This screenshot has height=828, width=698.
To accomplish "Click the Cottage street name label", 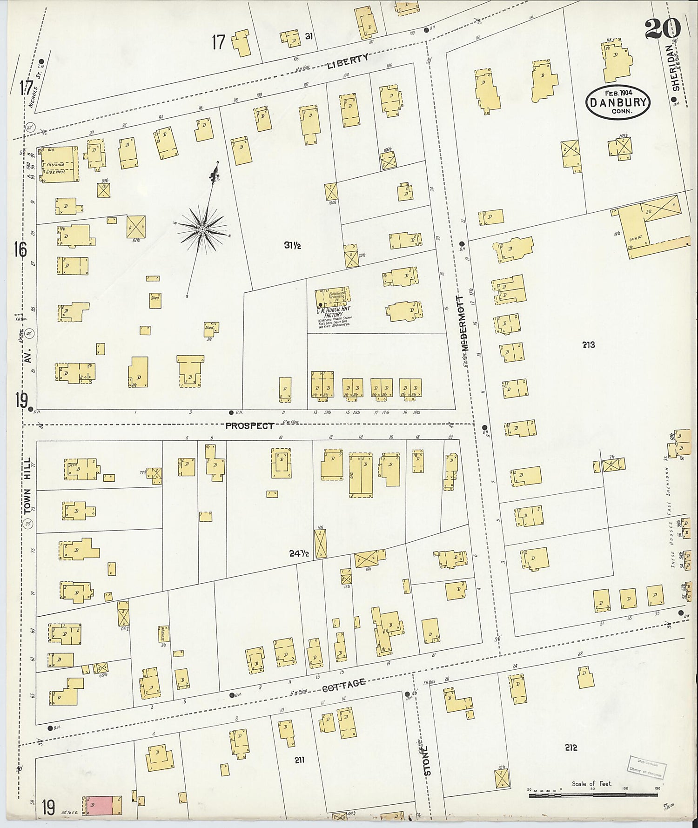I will point(344,683).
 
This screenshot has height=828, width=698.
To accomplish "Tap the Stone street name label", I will point(428,761).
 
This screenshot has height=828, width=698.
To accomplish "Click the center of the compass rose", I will point(202,229).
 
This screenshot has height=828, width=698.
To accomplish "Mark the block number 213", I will point(588,345).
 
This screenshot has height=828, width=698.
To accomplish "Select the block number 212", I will point(571,747).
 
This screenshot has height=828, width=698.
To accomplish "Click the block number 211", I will point(299,760).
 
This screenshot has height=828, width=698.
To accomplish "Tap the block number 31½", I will point(293,245).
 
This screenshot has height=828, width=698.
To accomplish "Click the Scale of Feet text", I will point(592,783).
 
